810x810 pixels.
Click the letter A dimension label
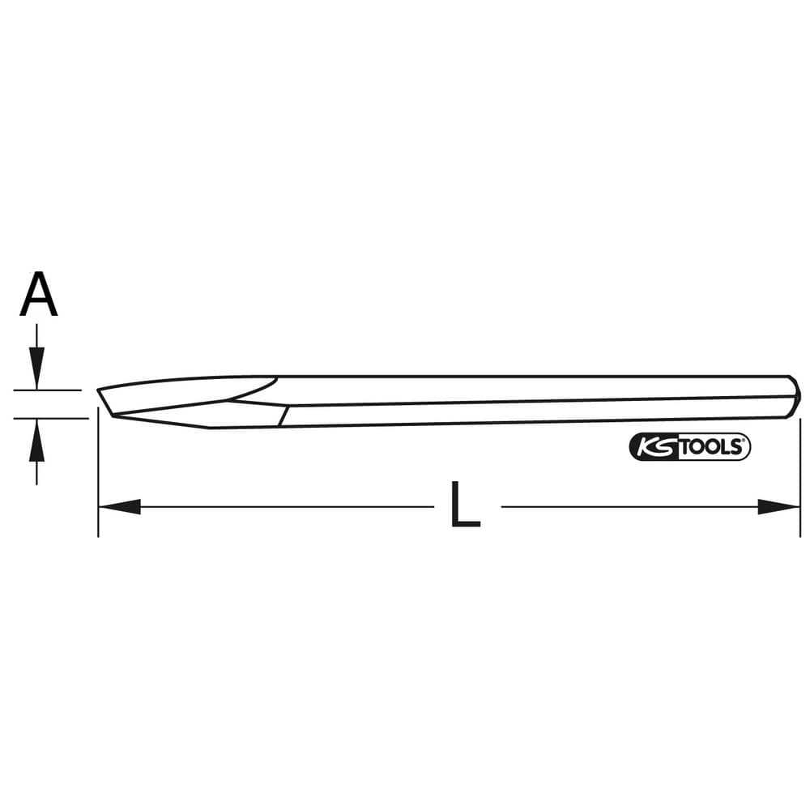[38, 294]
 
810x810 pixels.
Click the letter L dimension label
[466, 504]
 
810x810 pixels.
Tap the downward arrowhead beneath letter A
[36, 368]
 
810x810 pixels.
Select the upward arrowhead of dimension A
[36, 439]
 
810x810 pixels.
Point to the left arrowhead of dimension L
[119, 506]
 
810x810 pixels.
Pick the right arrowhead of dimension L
[778, 506]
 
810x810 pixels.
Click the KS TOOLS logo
[689, 447]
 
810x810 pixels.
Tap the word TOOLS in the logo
[711, 447]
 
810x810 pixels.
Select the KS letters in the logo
[654, 447]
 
